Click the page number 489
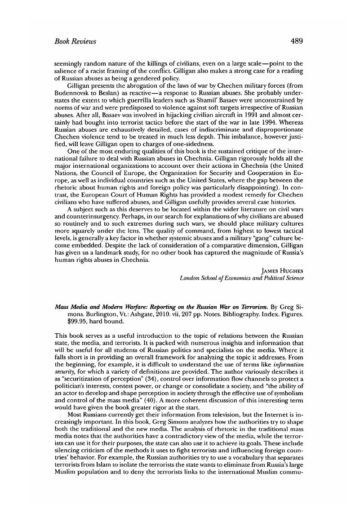coord(297,41)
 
